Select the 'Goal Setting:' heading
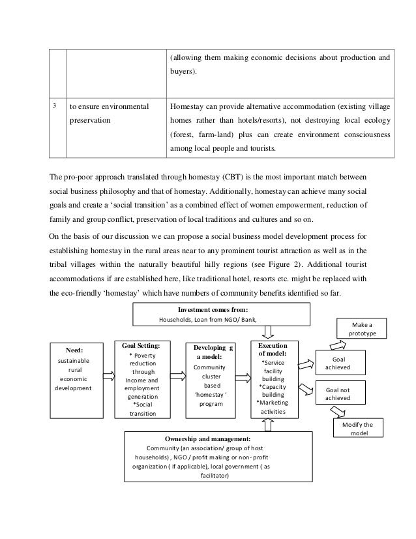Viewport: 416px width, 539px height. tap(141, 345)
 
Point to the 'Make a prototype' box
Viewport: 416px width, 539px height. tap(360, 328)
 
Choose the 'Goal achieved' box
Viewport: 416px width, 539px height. tap(339, 363)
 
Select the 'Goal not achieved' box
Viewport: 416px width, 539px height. tap(339, 395)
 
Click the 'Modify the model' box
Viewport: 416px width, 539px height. tap(359, 428)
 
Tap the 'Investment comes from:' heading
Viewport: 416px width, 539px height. tap(212, 311)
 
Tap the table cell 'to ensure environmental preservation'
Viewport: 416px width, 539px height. tap(110, 112)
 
